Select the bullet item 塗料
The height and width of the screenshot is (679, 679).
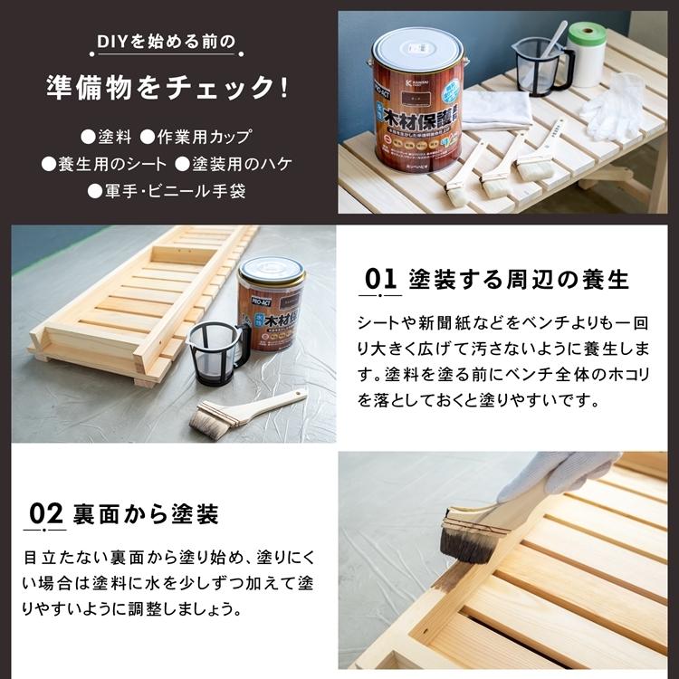tap(107, 138)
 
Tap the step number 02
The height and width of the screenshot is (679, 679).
tap(45, 514)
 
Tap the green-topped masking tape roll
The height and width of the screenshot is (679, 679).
tap(587, 53)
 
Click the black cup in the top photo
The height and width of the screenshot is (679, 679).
tap(541, 65)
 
